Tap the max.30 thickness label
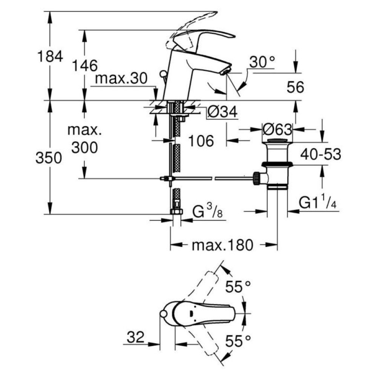tap(121, 79)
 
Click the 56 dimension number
tap(295, 88)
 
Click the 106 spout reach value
tap(201, 141)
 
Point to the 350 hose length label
tap(49, 158)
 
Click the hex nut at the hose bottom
tap(176, 212)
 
